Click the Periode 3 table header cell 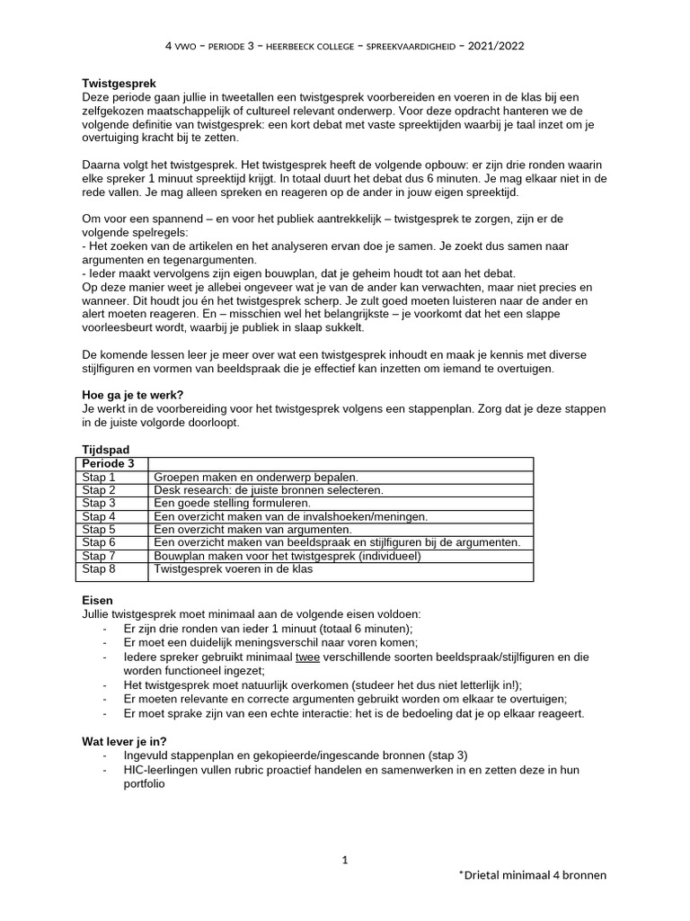tap(109, 463)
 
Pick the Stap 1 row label tap(99, 477)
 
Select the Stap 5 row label tap(99, 530)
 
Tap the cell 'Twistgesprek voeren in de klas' tap(245, 568)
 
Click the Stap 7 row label tap(99, 556)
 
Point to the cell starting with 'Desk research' tap(269, 490)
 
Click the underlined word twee tap(308, 657)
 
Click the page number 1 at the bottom tap(345, 860)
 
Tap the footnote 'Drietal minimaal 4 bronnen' tap(532, 875)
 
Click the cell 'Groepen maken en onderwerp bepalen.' tap(256, 477)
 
